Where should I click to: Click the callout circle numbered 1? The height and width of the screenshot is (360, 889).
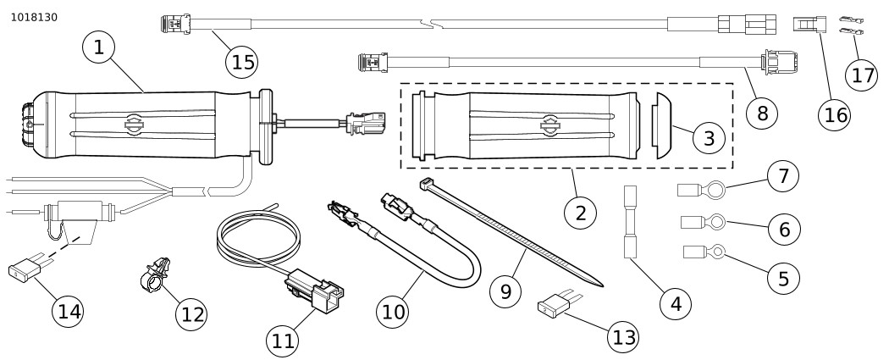point(99,49)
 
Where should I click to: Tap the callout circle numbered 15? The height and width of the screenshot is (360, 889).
point(243,61)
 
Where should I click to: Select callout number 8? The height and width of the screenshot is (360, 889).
point(762,112)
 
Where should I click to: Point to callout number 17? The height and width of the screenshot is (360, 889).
point(863,75)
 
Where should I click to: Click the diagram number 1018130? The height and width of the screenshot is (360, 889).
point(34,17)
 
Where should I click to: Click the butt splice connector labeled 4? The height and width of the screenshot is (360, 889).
point(631,224)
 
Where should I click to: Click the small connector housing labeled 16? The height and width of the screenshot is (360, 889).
point(805,25)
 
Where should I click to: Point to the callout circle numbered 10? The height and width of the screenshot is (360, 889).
point(394,311)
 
